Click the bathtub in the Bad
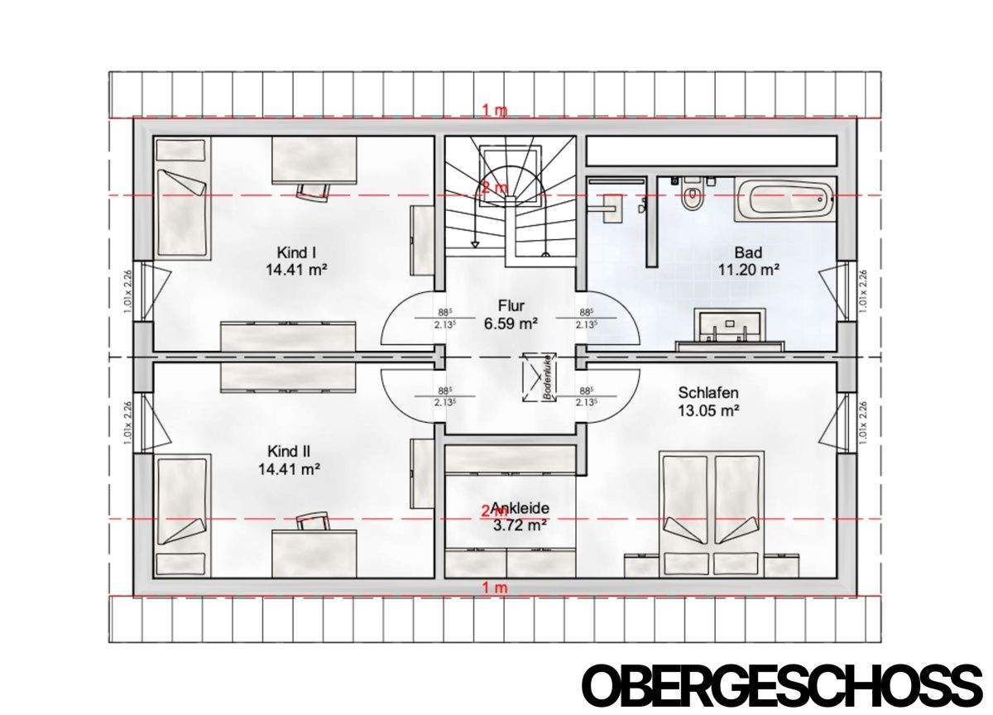(x=783, y=198)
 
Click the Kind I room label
(x=293, y=252)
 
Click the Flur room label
(x=511, y=305)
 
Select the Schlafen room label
(x=708, y=393)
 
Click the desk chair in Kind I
(x=312, y=190)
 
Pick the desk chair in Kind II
(x=312, y=521)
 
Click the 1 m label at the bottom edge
(x=495, y=588)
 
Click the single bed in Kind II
(x=181, y=513)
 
